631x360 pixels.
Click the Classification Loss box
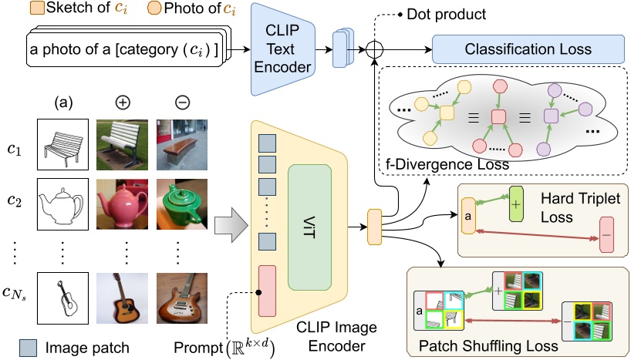pyautogui.click(x=528, y=49)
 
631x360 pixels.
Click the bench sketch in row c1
pyautogui.click(x=61, y=143)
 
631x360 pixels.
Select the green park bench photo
pyautogui.click(x=120, y=143)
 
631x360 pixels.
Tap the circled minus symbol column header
pyautogui.click(x=180, y=102)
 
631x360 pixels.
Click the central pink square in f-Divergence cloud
pyautogui.click(x=498, y=116)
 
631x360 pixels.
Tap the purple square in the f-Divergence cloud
pyautogui.click(x=550, y=116)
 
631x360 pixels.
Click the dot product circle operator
pyautogui.click(x=375, y=49)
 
